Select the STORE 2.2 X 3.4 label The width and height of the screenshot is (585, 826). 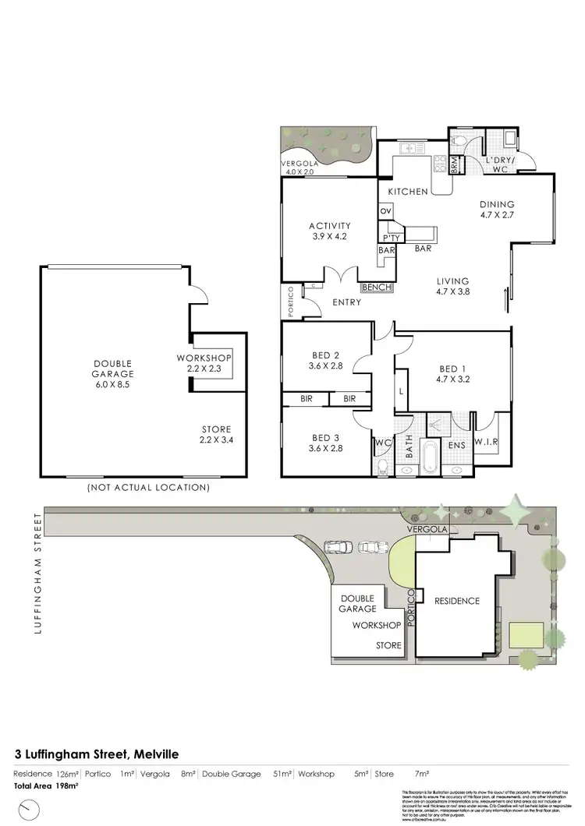click(x=216, y=435)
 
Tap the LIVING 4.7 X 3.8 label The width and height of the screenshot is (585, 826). click(x=452, y=287)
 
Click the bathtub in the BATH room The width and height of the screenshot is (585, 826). click(x=430, y=457)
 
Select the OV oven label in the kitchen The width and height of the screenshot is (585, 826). click(x=385, y=211)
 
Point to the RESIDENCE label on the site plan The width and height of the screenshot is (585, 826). click(x=456, y=601)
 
